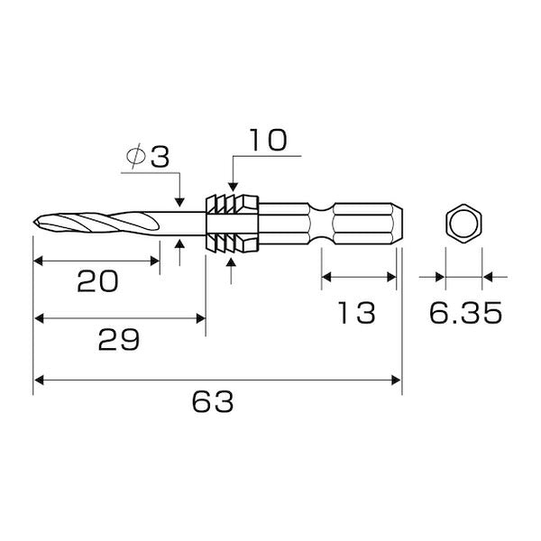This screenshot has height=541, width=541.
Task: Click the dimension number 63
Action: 213,401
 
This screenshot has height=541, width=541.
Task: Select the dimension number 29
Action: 119,340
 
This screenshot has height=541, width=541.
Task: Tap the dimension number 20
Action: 97,281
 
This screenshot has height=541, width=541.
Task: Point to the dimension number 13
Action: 356,313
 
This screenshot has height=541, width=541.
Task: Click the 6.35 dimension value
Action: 466,313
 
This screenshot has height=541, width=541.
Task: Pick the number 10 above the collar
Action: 269,140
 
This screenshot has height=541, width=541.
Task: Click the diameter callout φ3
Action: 148,156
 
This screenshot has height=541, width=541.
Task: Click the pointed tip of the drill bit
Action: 34,222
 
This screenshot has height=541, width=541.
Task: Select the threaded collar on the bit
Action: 232,224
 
